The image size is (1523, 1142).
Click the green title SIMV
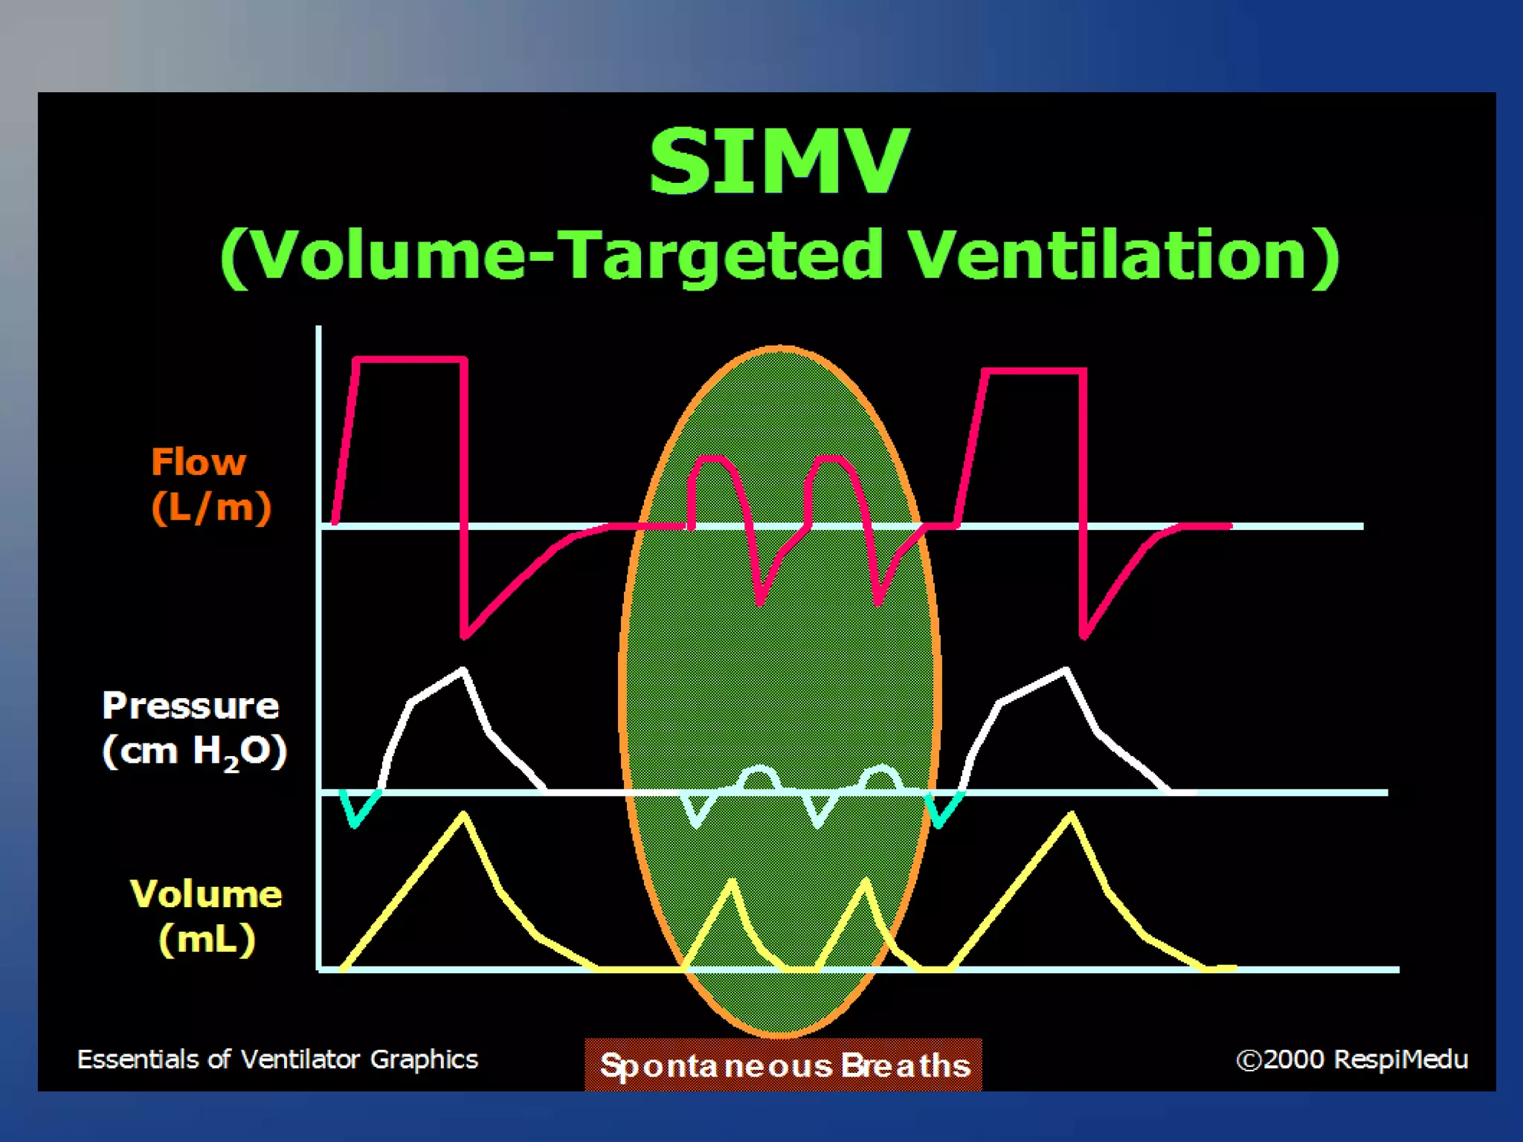779,161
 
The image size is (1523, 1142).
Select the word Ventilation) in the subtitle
1123,255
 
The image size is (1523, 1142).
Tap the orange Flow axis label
198,462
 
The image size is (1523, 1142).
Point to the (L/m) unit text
211,508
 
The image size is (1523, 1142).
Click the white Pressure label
190,705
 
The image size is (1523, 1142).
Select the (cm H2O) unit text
194,751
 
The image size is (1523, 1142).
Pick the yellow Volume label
206,893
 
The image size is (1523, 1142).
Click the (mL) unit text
207,938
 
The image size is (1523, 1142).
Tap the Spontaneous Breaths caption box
783,1065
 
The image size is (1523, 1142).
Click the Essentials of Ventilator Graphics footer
277,1059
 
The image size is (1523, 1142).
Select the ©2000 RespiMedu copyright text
1351,1059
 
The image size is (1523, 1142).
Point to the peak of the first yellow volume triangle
464,816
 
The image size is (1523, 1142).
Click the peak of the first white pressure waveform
463,671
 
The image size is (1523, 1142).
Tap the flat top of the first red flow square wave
410,360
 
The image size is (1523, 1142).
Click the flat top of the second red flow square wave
1034,370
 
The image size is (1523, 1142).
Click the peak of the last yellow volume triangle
1072,816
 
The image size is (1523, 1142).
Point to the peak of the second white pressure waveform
1066,671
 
